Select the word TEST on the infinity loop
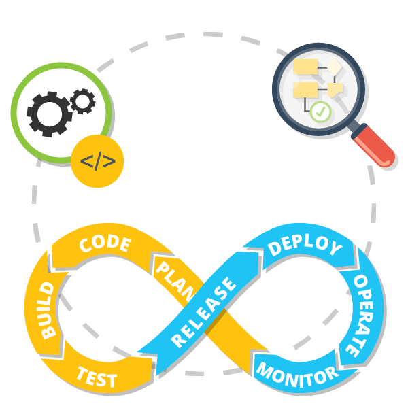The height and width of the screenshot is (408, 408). pyautogui.click(x=97, y=376)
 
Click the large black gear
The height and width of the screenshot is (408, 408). pyautogui.click(x=49, y=114)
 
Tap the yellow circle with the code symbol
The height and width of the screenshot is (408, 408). pyautogui.click(x=97, y=162)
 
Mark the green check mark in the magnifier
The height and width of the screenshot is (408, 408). pyautogui.click(x=320, y=111)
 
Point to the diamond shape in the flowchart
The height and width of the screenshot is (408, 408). pyautogui.click(x=335, y=66)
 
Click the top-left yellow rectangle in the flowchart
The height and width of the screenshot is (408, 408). pyautogui.click(x=306, y=67)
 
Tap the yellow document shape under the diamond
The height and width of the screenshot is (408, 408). pyautogui.click(x=335, y=88)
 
